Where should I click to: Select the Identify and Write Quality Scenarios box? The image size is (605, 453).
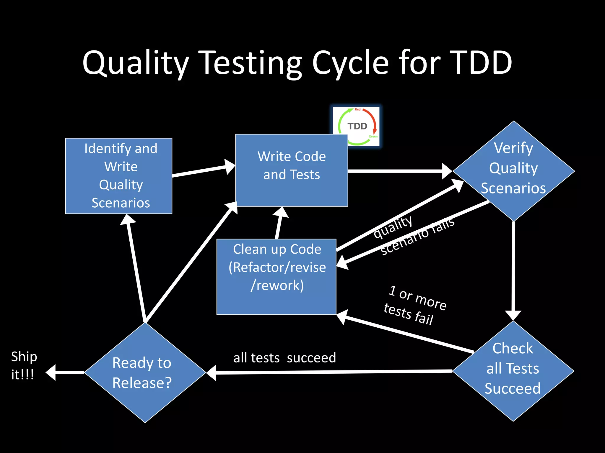coord(119,176)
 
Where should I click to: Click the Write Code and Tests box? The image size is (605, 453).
coord(292,170)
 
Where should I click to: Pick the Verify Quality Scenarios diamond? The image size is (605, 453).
coord(513,171)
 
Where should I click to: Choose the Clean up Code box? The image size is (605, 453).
coord(277,277)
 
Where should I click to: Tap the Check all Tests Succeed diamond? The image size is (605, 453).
coord(513,371)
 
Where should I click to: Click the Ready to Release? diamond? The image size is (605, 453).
coord(145,372)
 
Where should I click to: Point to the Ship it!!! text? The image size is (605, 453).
coord(24,365)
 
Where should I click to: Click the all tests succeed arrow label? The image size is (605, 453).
coord(284,358)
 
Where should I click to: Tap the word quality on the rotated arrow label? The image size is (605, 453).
coord(393,227)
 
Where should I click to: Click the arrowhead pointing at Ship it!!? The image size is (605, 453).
coord(51,372)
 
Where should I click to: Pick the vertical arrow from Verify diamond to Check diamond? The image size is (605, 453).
coord(513,268)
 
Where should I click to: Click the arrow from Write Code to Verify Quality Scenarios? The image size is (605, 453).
coord(399,171)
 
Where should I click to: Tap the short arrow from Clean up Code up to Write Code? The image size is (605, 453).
coord(279,224)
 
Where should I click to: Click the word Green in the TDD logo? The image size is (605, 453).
coord(373,136)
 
